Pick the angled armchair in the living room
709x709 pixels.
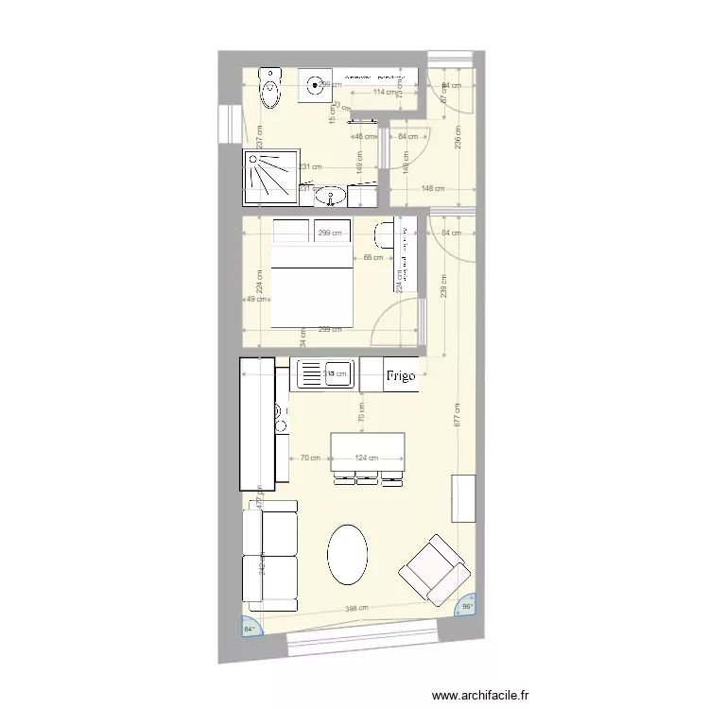click(435, 570)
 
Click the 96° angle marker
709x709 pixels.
click(465, 607)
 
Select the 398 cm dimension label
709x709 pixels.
click(357, 609)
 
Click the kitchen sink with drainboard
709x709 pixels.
click(325, 374)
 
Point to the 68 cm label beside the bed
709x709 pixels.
click(372, 257)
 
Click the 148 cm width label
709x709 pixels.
click(433, 188)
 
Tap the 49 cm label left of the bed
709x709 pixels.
click(255, 300)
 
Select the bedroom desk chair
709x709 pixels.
click(386, 233)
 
